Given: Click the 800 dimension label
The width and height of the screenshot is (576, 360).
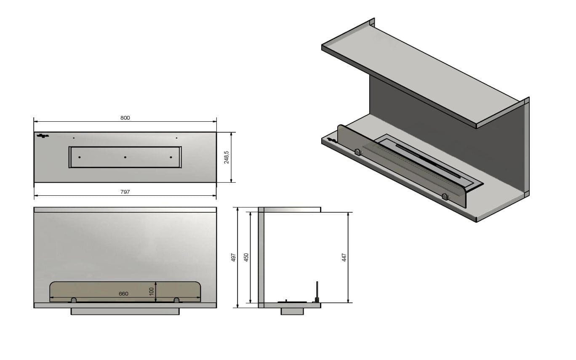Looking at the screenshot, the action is tap(125, 118).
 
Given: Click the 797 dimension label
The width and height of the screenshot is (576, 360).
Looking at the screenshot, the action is tap(125, 192).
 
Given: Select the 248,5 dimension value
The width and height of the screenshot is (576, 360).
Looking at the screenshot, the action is tap(226, 157).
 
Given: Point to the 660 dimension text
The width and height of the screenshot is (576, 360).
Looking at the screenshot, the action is tap(123, 293).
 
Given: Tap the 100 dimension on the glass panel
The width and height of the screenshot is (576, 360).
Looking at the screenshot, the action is tap(152, 291).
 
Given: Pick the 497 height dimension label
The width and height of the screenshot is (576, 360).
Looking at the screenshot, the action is tap(233, 257).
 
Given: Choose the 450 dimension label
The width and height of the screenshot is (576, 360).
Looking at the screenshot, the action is tap(246, 257).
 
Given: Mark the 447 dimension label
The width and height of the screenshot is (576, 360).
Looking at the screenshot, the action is tap(344, 257).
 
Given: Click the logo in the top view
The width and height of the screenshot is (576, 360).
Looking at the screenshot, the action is tap(43, 136).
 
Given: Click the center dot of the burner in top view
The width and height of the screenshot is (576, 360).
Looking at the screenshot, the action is tap(125, 157).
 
